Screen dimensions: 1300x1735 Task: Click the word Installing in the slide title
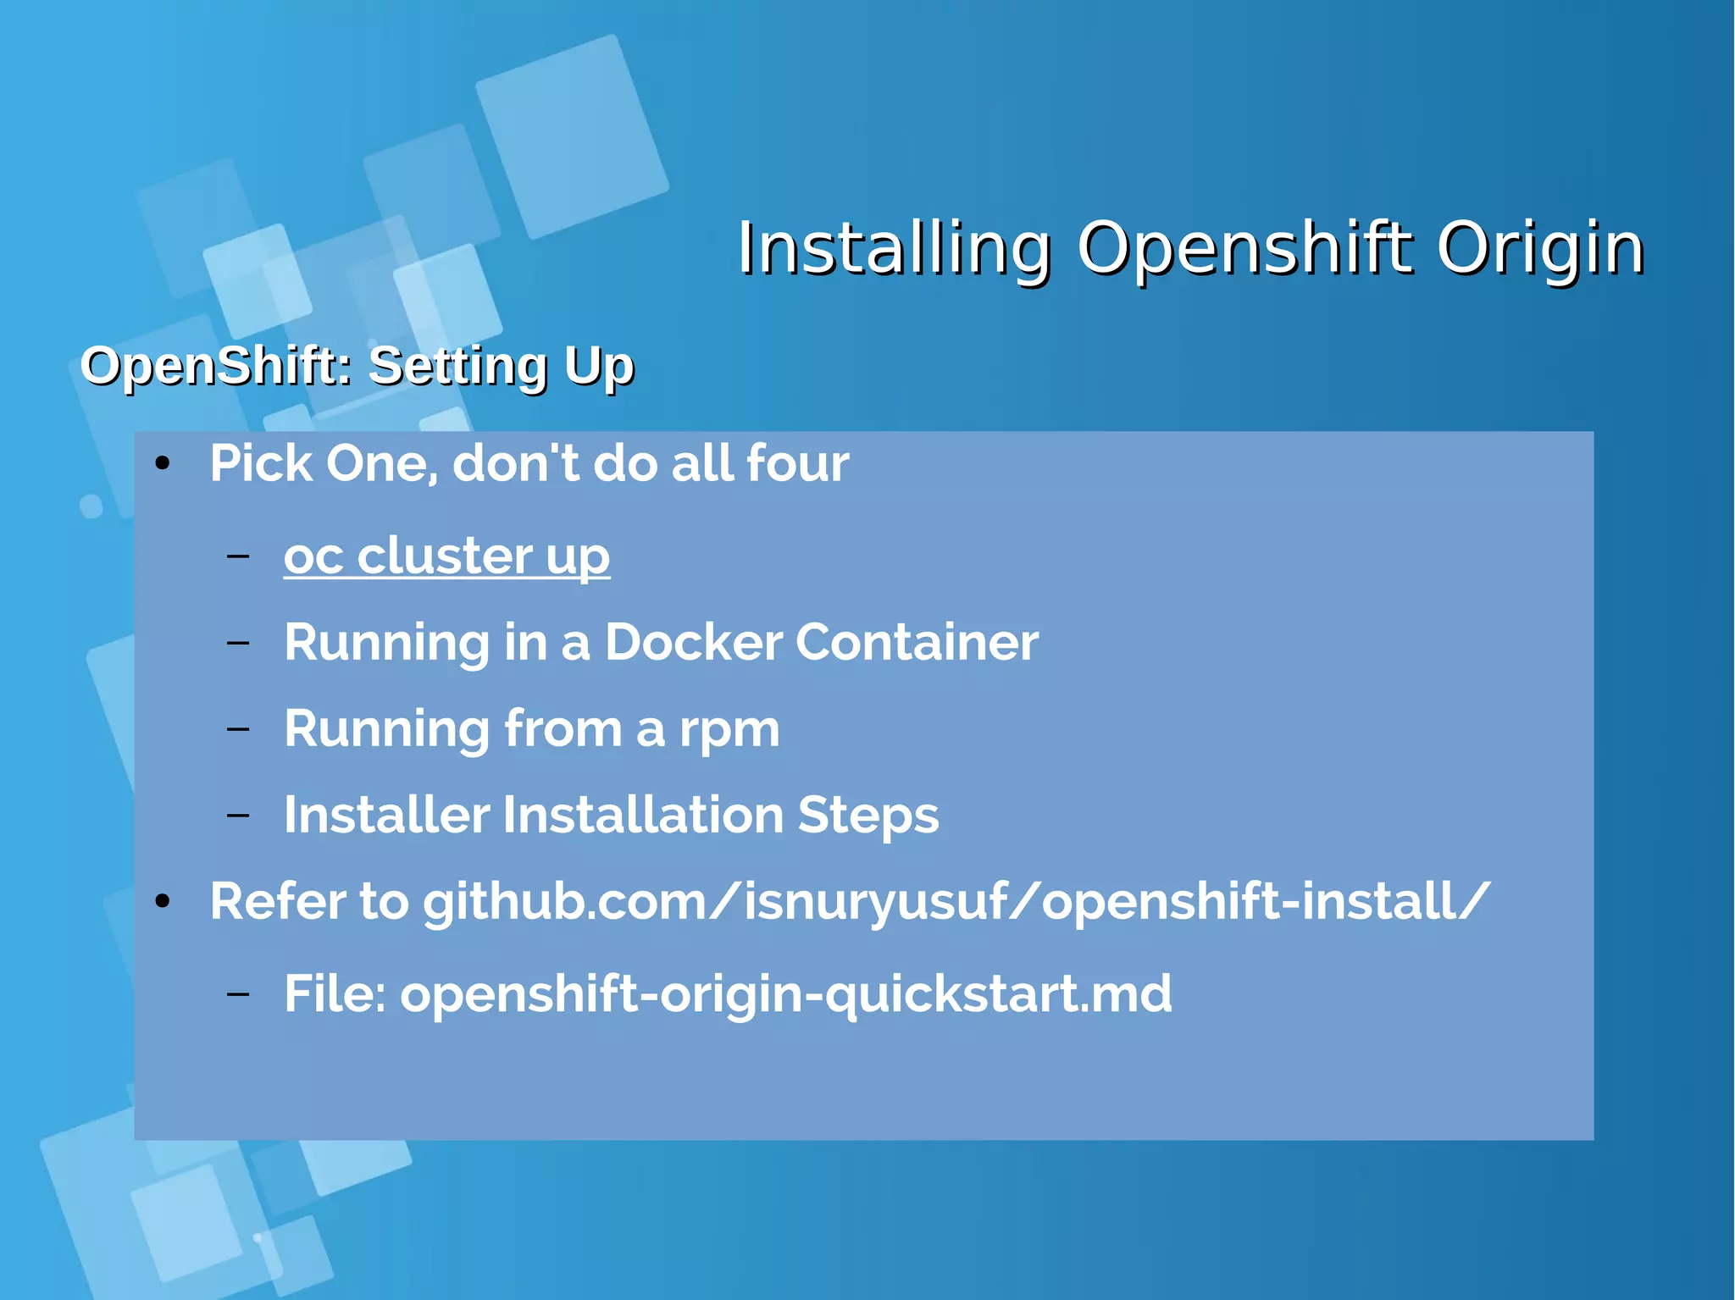894,249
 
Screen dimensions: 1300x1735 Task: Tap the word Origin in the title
1539,249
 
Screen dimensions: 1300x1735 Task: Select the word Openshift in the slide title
1244,249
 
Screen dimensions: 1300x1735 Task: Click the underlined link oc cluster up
446,556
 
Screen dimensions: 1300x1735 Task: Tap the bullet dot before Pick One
163,463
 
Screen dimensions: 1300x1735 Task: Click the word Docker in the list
693,642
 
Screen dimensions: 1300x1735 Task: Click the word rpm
729,730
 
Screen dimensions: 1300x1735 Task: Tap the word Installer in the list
386,816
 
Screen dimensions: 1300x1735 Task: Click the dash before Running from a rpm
238,728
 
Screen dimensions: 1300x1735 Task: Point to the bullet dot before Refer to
163,901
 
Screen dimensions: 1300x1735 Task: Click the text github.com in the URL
563,901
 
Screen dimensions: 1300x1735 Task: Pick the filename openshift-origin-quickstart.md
786,993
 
